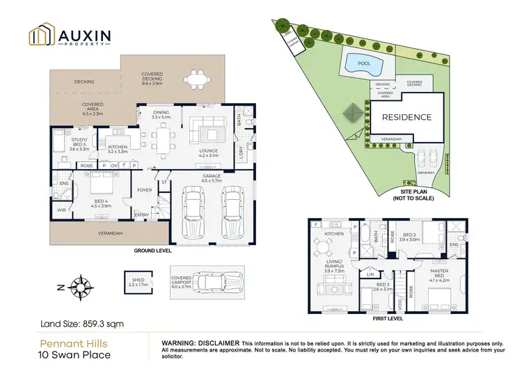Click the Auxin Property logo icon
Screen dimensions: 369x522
tap(40, 36)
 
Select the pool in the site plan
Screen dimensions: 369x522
tap(363, 65)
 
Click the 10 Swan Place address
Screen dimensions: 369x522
tap(69, 354)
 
